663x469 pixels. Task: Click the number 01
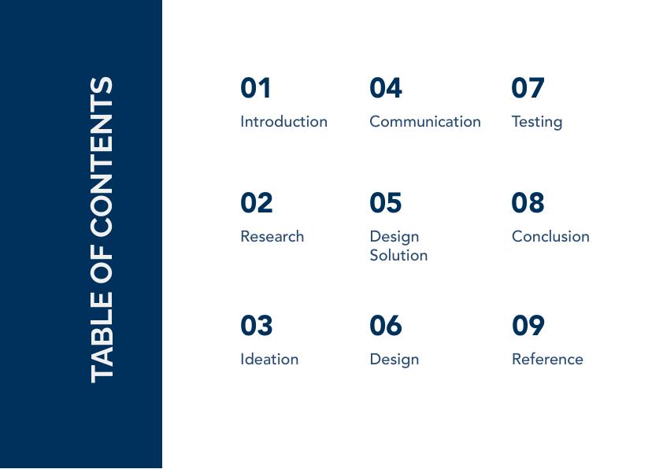pos(255,88)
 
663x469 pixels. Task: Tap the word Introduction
pos(283,122)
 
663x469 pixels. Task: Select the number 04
pos(386,88)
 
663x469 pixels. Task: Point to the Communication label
pos(425,122)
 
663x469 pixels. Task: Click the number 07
pos(528,88)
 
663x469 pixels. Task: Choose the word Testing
pos(537,122)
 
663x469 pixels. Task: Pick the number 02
pos(256,202)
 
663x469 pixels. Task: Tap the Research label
pos(272,236)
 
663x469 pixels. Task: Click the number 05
pos(385,202)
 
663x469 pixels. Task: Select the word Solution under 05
pos(398,255)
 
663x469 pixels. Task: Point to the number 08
pos(528,202)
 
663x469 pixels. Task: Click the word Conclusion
pos(550,236)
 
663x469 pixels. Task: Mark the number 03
pos(256,325)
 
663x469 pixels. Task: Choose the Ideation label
pos(269,359)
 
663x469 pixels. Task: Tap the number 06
pos(385,325)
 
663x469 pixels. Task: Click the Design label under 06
pos(394,360)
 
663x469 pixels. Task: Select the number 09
pos(528,325)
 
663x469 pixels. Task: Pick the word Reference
pos(547,359)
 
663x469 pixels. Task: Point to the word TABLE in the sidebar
pos(102,337)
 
